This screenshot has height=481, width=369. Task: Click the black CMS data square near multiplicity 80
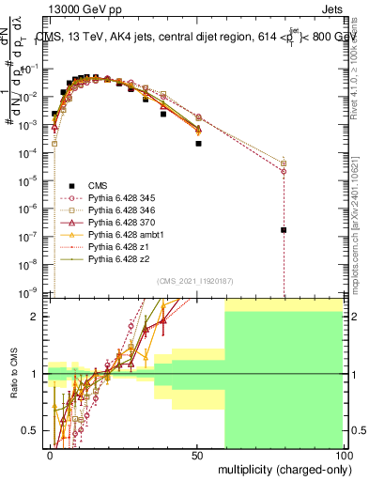pyautogui.click(x=284, y=229)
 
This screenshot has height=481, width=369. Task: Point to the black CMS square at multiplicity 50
pyautogui.click(x=198, y=144)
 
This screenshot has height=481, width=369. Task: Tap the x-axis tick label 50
pyautogui.click(x=198, y=454)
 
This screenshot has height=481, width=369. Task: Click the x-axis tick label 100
pyautogui.click(x=344, y=454)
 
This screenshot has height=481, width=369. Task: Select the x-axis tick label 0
pyautogui.click(x=51, y=454)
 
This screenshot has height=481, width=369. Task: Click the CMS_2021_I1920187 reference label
pyautogui.click(x=194, y=280)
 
